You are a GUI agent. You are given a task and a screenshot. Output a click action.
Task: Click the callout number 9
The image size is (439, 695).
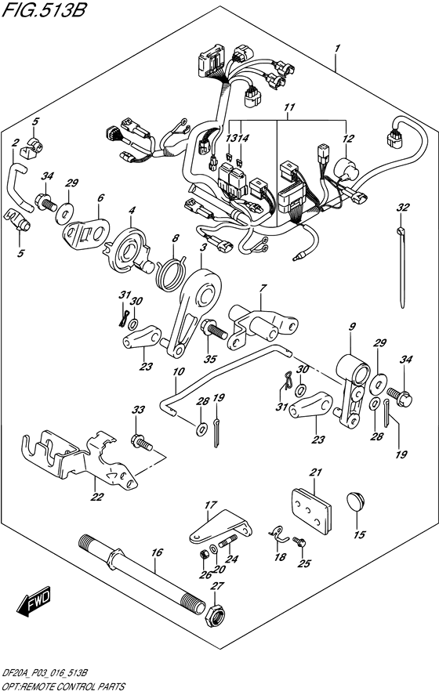(x=352, y=326)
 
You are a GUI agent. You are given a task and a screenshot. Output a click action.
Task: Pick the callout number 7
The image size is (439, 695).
(x=263, y=290)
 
